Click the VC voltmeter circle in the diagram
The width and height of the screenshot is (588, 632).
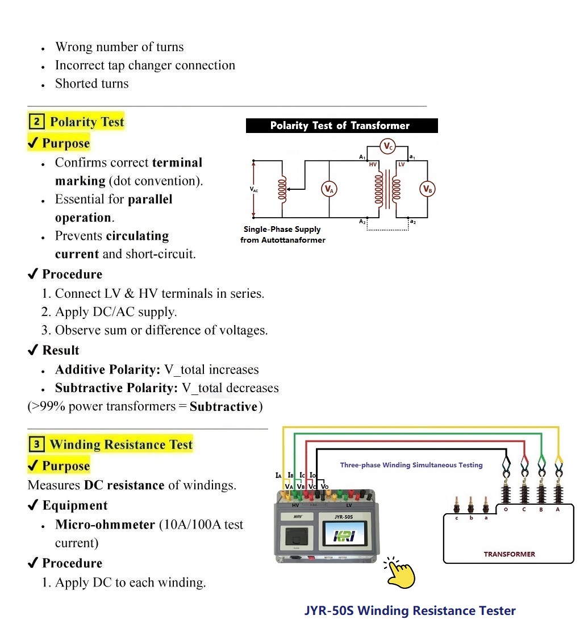point(387,147)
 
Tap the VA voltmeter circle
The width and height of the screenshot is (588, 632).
point(328,189)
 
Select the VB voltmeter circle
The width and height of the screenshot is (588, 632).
point(427,189)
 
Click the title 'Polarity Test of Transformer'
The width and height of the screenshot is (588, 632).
point(341,126)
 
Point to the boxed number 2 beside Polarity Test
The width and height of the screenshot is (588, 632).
point(36,122)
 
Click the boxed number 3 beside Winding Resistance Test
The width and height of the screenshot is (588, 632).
point(36,444)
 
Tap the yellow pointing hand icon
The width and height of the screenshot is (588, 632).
point(400,572)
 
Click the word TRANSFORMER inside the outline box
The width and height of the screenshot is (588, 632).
point(509,554)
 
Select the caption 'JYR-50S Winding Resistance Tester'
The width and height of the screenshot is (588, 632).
point(410,611)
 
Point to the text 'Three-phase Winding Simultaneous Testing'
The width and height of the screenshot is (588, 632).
point(411,465)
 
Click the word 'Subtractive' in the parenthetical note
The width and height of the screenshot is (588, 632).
point(223,406)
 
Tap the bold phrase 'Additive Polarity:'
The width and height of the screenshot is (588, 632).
point(108,369)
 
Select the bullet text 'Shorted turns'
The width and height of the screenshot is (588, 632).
point(91,84)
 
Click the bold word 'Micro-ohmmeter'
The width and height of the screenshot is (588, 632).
point(105,524)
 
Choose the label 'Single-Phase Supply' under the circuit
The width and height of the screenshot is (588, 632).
point(282,229)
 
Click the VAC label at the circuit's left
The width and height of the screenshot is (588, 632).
point(253,190)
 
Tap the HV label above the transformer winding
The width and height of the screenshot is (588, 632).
point(373,164)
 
